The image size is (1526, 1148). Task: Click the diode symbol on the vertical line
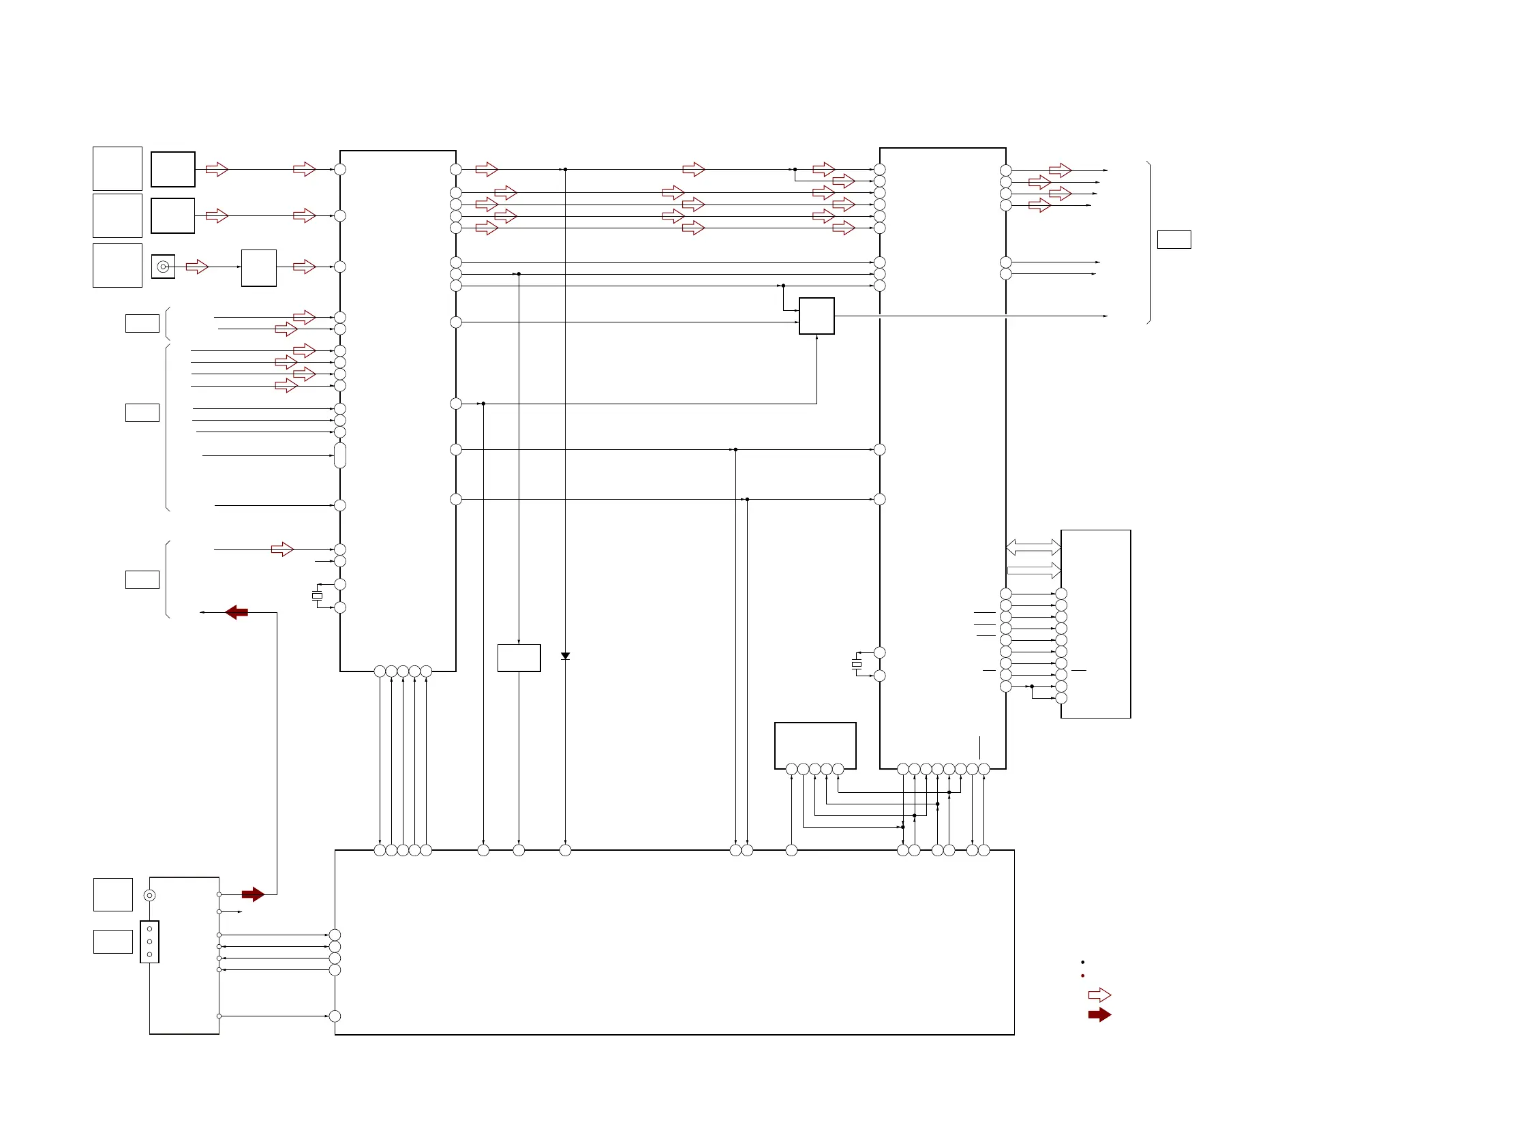pyautogui.click(x=565, y=656)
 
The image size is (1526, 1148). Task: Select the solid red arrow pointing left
pyautogui.click(x=236, y=612)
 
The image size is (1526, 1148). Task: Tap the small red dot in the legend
pyautogui.click(x=1082, y=976)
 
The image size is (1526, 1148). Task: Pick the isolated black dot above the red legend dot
pyautogui.click(x=1082, y=962)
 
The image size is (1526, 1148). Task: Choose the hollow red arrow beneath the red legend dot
pyautogui.click(x=1099, y=995)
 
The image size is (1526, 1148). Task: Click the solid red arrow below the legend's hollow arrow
pyautogui.click(x=1099, y=1014)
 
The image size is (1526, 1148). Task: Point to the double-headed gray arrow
pyautogui.click(x=1033, y=547)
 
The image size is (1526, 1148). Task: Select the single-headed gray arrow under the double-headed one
pyautogui.click(x=1033, y=571)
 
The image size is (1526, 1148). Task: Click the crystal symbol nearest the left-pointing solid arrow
pyautogui.click(x=318, y=595)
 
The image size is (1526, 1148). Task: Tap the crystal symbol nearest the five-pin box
pyautogui.click(x=857, y=664)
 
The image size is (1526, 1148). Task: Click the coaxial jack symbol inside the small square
pyautogui.click(x=163, y=267)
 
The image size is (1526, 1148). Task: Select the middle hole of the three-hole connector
pyautogui.click(x=149, y=941)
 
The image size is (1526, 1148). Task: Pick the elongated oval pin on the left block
pyautogui.click(x=339, y=455)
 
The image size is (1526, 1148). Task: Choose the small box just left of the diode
pyautogui.click(x=519, y=657)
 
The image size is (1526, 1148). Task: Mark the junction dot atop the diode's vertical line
pyautogui.click(x=565, y=169)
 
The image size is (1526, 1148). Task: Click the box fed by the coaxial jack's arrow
pyautogui.click(x=259, y=268)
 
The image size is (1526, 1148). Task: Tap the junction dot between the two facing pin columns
pyautogui.click(x=1031, y=686)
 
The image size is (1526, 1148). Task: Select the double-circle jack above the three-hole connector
pyautogui.click(x=149, y=896)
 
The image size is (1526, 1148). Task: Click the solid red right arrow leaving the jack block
pyautogui.click(x=253, y=894)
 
